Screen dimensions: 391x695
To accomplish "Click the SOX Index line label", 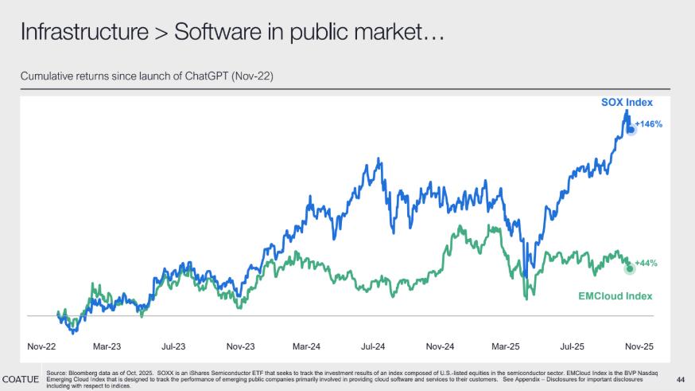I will (626, 104).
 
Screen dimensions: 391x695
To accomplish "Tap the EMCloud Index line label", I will (615, 296).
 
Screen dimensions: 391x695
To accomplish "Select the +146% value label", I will (649, 124).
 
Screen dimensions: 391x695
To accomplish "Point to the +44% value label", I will (646, 263).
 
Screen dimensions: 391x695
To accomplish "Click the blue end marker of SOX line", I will (631, 128).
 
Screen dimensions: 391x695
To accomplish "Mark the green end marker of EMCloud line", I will (631, 268).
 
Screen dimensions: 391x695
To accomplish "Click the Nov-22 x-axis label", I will (41, 346).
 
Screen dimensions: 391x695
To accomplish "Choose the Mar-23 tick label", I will (107, 346).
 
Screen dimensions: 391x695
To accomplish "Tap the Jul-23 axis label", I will (173, 346).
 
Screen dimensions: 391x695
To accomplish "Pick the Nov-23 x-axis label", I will (239, 346).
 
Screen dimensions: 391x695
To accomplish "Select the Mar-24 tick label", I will (306, 346).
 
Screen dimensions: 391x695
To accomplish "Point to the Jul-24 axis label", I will (373, 346).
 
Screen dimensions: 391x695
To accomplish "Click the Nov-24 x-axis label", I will (439, 346).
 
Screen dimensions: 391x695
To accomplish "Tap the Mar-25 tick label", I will (506, 346).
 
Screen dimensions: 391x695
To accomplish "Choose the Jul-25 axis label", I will (573, 346).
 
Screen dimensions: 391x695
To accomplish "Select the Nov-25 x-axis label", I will (639, 346).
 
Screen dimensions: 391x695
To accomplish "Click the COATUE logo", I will (21, 377).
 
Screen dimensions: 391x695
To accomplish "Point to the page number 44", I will (680, 378).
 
